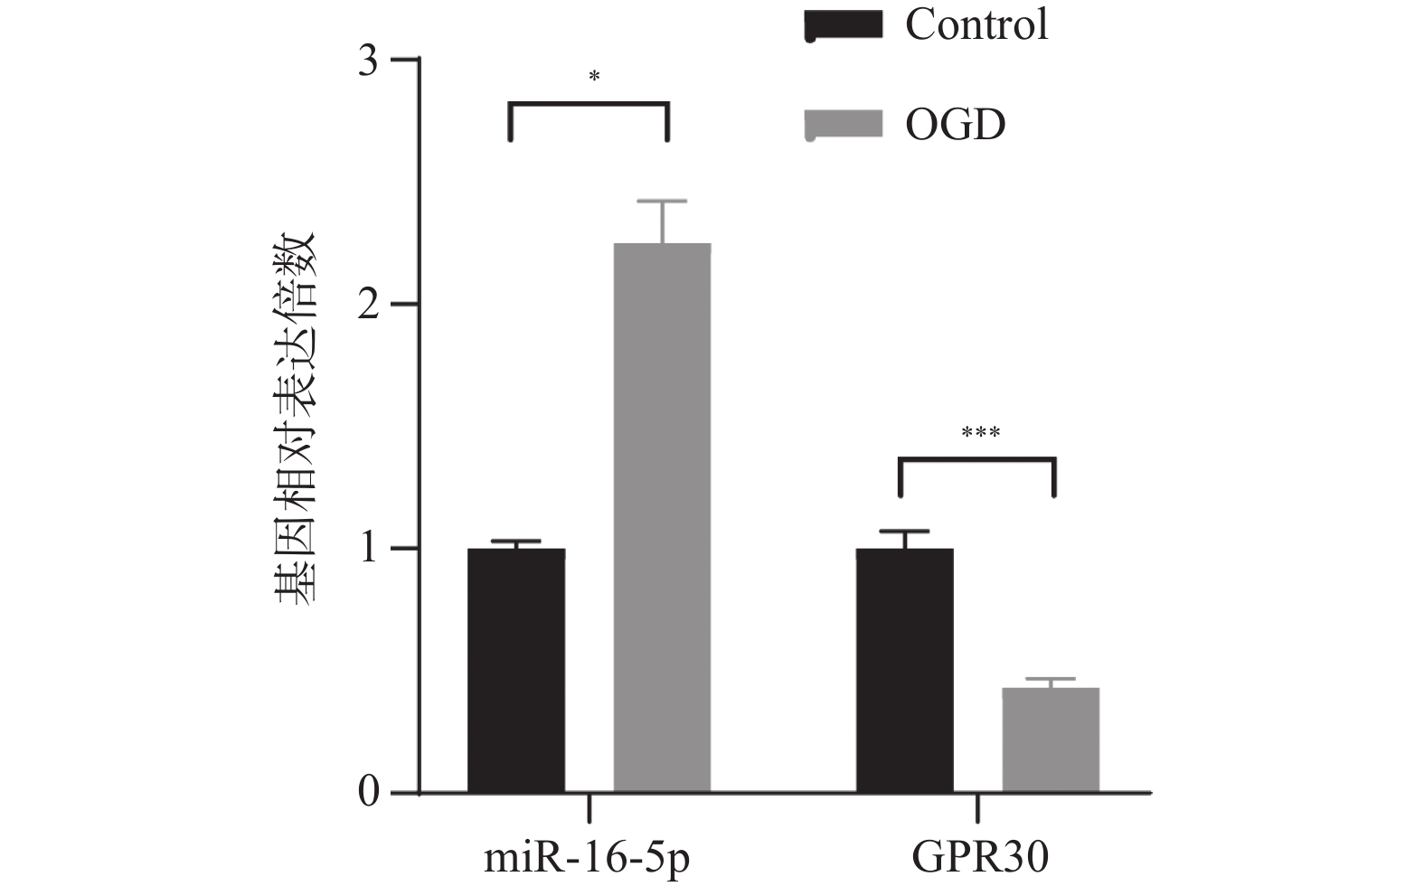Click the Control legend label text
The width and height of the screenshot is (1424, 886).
point(976,24)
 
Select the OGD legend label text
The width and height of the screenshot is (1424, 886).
point(955,124)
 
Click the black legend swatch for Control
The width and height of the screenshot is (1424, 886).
point(843,25)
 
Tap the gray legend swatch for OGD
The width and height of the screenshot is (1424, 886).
point(843,124)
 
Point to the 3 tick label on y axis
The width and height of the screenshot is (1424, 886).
point(368,61)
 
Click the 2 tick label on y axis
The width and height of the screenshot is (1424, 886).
point(368,305)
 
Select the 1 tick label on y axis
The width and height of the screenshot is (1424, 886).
point(368,549)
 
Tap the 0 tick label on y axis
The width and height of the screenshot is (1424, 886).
point(368,793)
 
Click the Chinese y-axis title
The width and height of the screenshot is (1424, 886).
point(295,419)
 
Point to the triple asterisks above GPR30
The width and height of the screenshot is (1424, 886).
point(980,433)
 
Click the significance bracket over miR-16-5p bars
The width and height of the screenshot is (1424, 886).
point(589,105)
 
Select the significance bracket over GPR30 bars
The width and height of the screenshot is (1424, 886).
point(977,460)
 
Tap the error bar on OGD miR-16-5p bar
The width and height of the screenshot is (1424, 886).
point(662,221)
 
